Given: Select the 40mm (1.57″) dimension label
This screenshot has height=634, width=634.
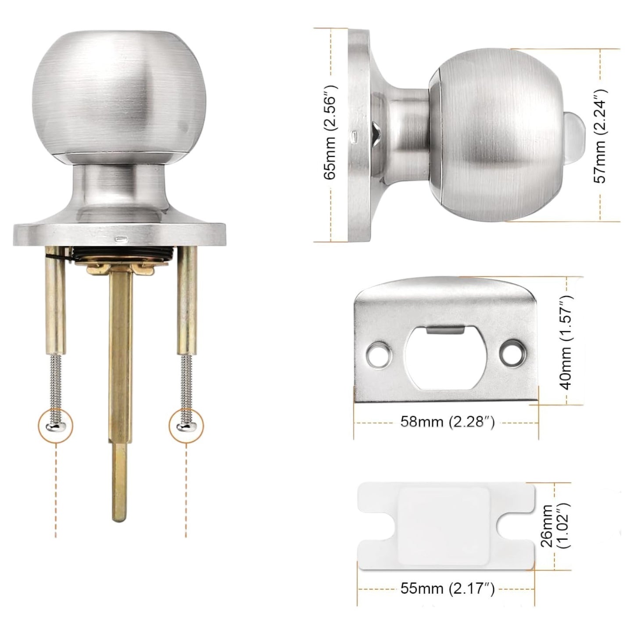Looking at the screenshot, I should [x=567, y=343].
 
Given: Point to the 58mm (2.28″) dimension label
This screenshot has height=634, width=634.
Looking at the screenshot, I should [x=447, y=422].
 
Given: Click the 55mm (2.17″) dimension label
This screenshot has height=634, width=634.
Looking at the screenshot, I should [x=447, y=588].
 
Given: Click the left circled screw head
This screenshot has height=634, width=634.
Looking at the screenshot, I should [x=56, y=425].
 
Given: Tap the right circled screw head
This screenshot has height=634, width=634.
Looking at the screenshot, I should [x=186, y=425].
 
